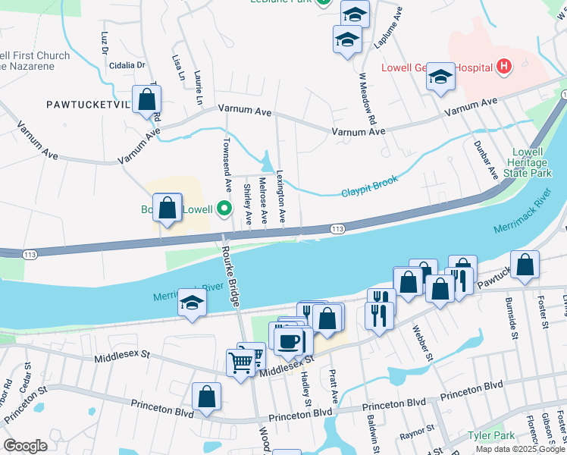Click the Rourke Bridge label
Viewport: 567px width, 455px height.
point(230,273)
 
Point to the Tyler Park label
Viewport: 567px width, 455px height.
point(491,435)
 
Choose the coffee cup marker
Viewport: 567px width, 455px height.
point(289,340)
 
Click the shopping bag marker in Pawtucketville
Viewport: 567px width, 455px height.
point(147,99)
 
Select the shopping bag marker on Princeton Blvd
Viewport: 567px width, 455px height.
point(206,397)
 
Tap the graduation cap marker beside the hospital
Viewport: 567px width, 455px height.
point(440,77)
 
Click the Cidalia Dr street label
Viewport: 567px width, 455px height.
point(127,65)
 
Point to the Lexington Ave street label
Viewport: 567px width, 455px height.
point(282,196)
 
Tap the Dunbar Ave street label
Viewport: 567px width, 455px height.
point(485,159)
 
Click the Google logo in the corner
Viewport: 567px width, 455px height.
point(25,446)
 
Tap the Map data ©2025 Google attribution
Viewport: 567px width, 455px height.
point(520,449)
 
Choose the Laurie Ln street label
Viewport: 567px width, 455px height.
point(199,88)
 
